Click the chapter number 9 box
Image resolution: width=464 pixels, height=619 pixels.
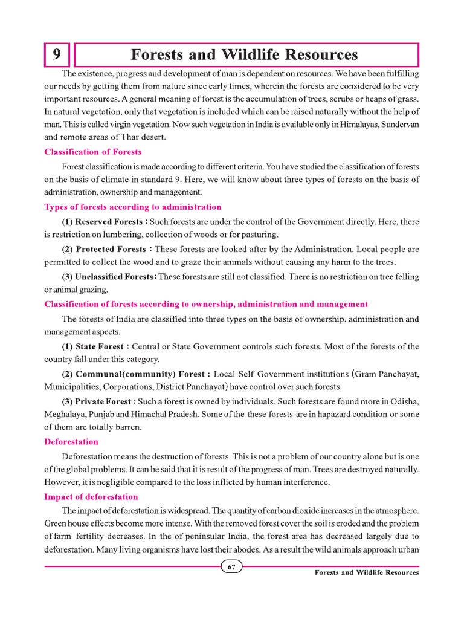(x=57, y=55)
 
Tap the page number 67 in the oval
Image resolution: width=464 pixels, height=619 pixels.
(x=232, y=567)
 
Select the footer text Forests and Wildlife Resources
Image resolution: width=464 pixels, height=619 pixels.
(x=367, y=573)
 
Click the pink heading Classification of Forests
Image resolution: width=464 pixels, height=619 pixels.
(x=93, y=152)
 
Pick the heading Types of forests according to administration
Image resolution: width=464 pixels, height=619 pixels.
(x=133, y=207)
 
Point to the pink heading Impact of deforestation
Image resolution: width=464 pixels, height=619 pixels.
(x=91, y=497)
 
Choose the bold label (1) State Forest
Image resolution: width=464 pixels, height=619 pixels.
(x=94, y=346)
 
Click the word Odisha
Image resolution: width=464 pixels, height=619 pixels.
(x=403, y=401)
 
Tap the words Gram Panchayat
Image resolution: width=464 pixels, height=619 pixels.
(x=384, y=374)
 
